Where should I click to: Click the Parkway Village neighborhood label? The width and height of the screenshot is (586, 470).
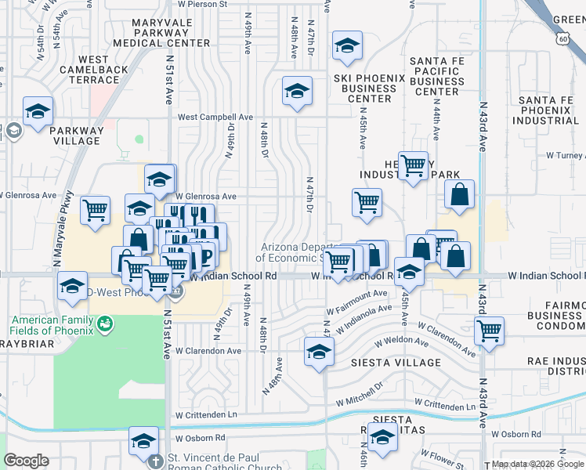pyautogui.click(x=77, y=136)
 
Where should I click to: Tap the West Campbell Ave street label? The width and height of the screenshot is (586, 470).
pyautogui.click(x=215, y=117)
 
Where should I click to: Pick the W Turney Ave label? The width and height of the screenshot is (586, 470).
pyautogui.click(x=562, y=156)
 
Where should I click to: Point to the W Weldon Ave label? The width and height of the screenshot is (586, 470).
pyautogui.click(x=400, y=342)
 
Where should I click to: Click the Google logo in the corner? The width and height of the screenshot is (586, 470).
pyautogui.click(x=26, y=461)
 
